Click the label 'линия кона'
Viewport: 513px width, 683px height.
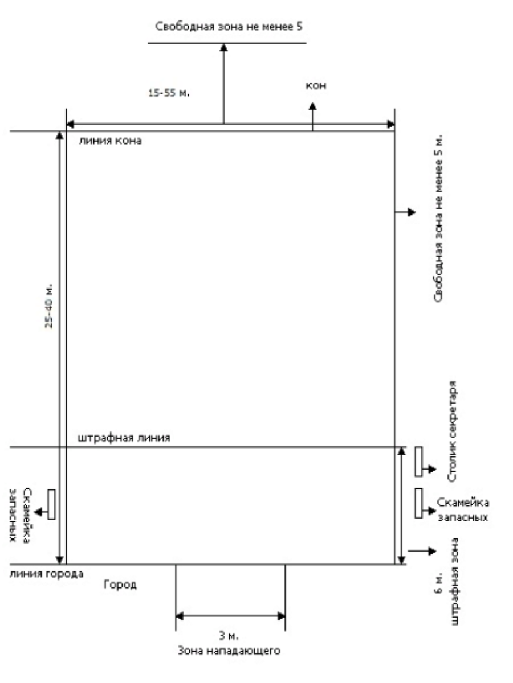[110, 141]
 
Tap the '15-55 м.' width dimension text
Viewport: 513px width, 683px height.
[169, 93]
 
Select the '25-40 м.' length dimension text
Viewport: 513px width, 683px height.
[49, 306]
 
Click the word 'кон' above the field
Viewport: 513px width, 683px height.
[316, 85]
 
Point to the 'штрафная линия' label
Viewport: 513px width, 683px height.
[124, 438]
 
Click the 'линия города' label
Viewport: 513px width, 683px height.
[47, 574]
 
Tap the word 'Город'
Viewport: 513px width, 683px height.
[120, 585]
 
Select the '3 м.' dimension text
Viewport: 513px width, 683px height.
[229, 636]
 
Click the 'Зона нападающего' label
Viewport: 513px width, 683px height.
[229, 651]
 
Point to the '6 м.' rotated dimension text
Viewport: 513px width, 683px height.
[438, 582]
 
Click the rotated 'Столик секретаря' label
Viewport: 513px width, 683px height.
[451, 431]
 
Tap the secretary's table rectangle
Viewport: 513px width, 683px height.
[418, 462]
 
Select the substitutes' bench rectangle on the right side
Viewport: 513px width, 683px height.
[418, 503]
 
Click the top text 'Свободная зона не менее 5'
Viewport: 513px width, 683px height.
[229, 26]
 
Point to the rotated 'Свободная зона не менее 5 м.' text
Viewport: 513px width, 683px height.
[438, 218]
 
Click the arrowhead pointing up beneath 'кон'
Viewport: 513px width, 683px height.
[312, 106]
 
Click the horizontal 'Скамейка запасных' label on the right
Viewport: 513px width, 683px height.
[463, 509]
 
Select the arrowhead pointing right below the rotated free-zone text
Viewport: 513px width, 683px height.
[412, 212]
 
